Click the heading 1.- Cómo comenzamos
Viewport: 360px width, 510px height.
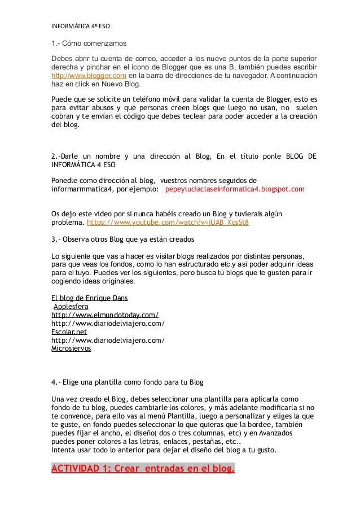point(89,43)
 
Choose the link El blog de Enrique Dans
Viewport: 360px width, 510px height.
point(93,298)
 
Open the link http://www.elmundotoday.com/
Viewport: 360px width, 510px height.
point(104,315)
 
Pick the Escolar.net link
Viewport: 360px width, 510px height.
point(69,332)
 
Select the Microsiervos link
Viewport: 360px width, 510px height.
point(71,348)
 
